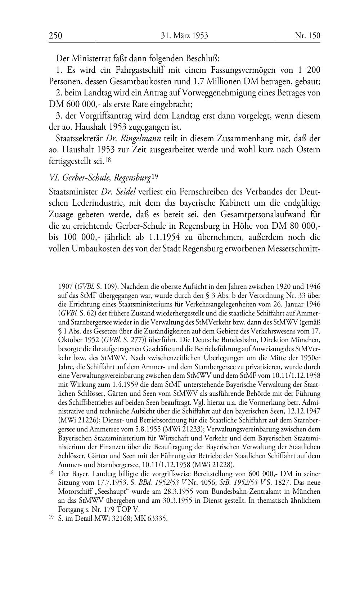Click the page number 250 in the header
click(x=55, y=35)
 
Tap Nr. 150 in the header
click(x=307, y=35)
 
